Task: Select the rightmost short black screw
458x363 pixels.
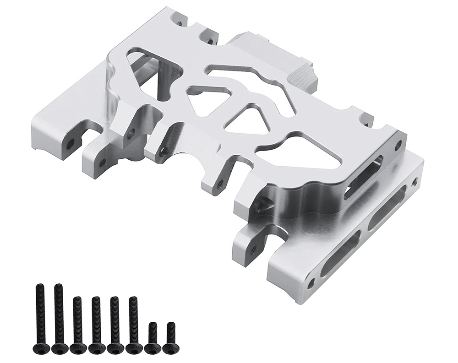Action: [171, 337]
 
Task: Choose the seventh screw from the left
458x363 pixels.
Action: [153, 337]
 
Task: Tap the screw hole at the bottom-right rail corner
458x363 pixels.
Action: [311, 283]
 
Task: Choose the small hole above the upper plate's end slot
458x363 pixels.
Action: [398, 145]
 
